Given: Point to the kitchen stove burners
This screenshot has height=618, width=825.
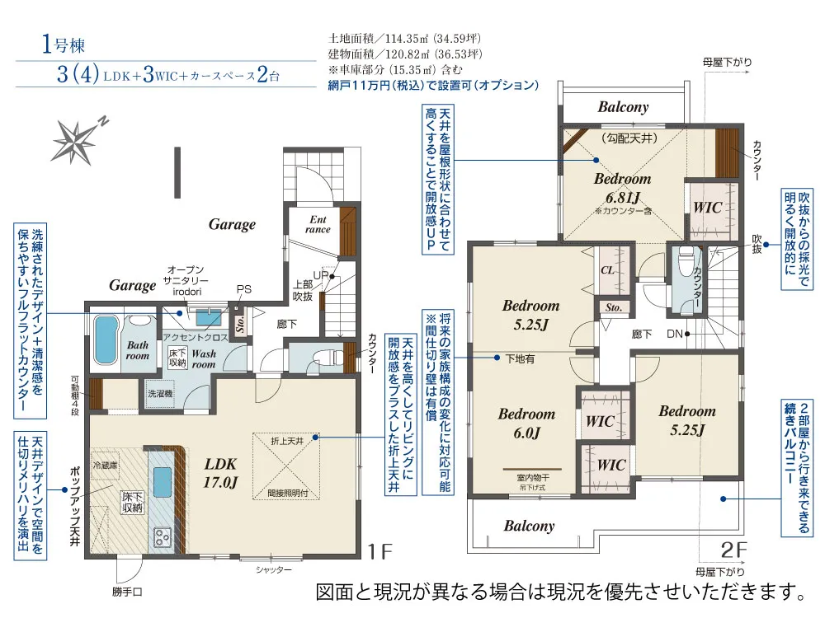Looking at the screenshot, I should pyautogui.click(x=160, y=537).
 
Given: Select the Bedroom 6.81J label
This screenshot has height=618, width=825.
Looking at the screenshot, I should pyautogui.click(x=622, y=188).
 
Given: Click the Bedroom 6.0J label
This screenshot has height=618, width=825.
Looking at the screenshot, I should pyautogui.click(x=526, y=423).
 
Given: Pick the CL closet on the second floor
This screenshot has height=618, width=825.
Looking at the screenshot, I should pyautogui.click(x=606, y=269).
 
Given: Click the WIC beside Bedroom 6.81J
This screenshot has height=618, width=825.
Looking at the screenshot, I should pyautogui.click(x=707, y=208).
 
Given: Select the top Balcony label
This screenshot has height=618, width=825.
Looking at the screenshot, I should pyautogui.click(x=623, y=107).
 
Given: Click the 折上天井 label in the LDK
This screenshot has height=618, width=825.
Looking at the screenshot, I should pyautogui.click(x=287, y=442).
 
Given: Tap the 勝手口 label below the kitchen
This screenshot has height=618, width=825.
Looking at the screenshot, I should pyautogui.click(x=128, y=591).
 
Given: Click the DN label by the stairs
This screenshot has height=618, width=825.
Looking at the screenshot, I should pyautogui.click(x=675, y=334).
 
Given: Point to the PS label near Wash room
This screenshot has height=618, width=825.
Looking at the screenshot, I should pyautogui.click(x=244, y=289).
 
